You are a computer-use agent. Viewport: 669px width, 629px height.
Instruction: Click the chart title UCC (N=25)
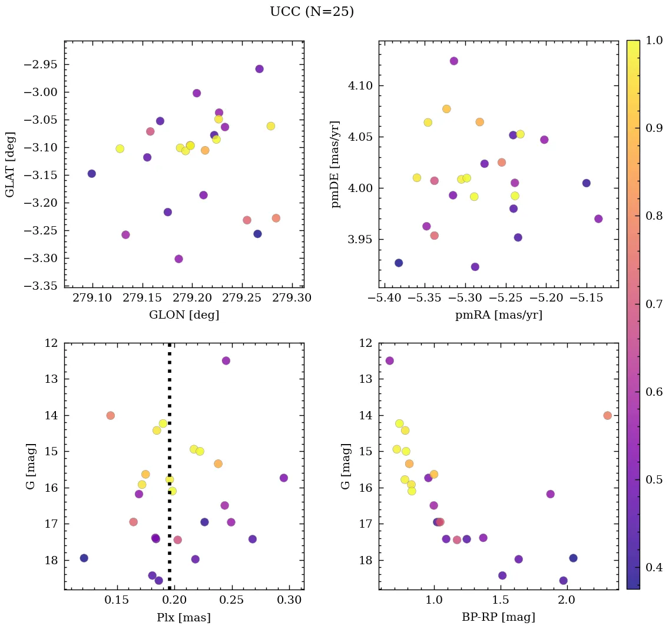[x=312, y=12]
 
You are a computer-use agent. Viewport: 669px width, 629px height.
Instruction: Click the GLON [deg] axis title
[x=184, y=315]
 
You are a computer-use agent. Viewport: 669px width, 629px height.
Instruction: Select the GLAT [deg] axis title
[x=10, y=164]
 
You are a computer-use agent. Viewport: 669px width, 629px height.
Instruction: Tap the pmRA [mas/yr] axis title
[x=498, y=315]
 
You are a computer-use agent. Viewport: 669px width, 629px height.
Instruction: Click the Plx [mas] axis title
[x=184, y=617]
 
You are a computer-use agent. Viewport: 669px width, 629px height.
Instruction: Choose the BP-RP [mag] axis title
[x=498, y=617]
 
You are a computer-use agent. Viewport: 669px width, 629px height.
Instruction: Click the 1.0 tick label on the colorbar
[x=654, y=40]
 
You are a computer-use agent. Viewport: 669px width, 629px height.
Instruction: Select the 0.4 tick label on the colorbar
[x=654, y=567]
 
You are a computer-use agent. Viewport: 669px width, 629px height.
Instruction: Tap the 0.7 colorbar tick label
[x=654, y=304]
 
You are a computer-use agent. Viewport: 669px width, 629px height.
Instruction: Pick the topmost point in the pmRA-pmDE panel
[x=454, y=61]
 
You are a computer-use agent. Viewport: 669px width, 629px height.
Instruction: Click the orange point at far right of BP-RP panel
[x=608, y=415]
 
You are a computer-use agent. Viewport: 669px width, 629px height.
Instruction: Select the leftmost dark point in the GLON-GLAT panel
[x=92, y=174]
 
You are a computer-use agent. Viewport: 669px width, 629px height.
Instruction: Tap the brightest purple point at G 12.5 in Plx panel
[x=226, y=360]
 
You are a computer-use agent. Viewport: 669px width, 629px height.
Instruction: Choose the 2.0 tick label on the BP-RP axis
[x=567, y=600]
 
